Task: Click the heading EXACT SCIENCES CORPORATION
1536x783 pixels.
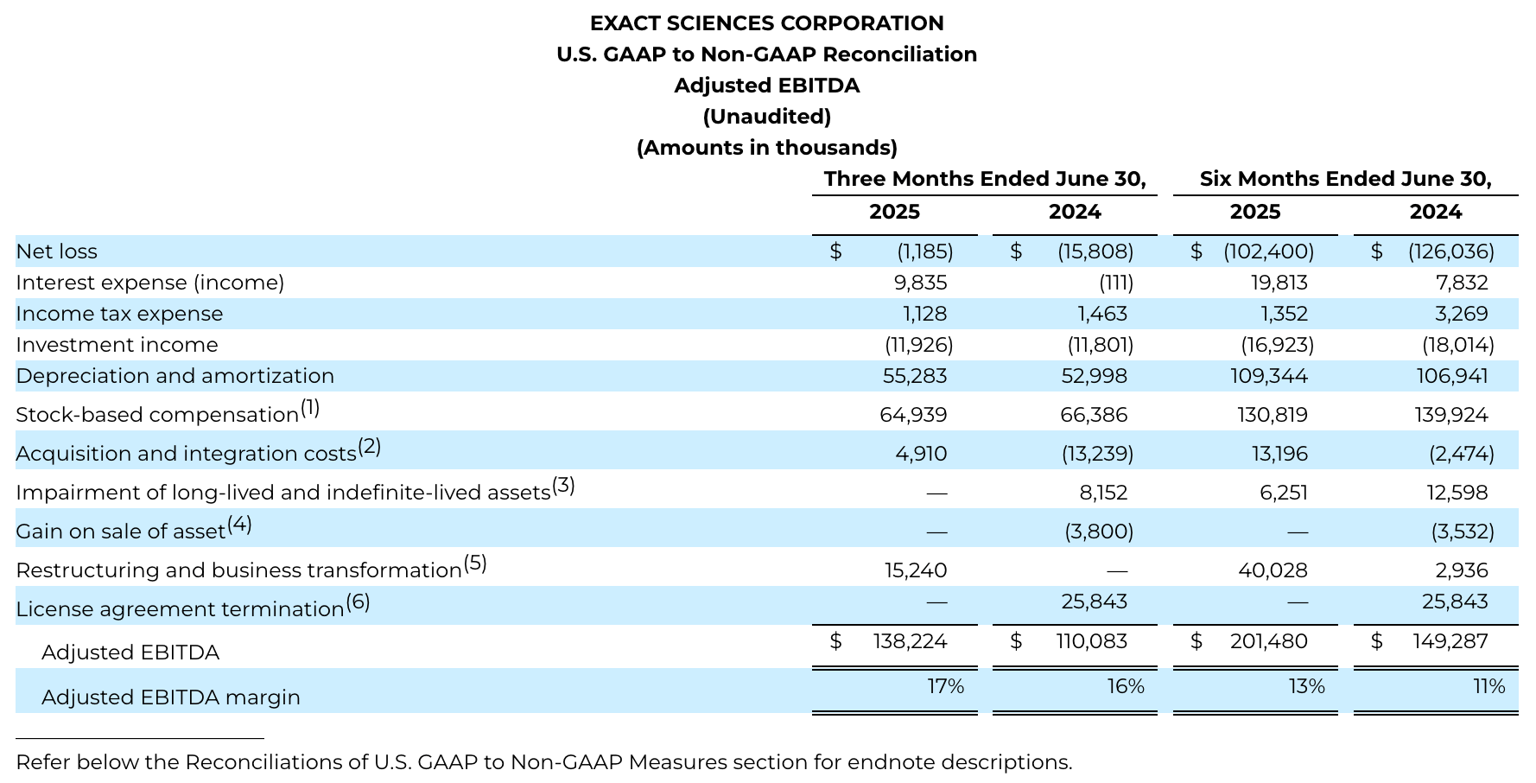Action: pyautogui.click(x=766, y=23)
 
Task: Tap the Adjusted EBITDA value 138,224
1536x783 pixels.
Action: pyautogui.click(x=910, y=641)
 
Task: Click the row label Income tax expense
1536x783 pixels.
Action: pyautogui.click(x=119, y=314)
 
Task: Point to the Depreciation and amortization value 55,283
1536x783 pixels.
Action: pyautogui.click(x=915, y=376)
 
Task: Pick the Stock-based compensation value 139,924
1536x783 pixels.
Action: pyautogui.click(x=1452, y=415)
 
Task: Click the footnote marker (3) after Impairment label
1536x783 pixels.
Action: pyautogui.click(x=563, y=485)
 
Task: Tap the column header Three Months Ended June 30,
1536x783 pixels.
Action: pyautogui.click(x=984, y=179)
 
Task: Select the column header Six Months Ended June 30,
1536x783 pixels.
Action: pyautogui.click(x=1345, y=179)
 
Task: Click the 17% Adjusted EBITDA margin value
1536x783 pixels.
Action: pyautogui.click(x=945, y=686)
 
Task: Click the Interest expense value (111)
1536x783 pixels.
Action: pyautogui.click(x=1115, y=283)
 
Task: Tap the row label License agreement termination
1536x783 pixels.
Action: pyautogui.click(x=180, y=609)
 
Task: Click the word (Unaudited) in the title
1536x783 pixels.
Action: pyautogui.click(x=766, y=117)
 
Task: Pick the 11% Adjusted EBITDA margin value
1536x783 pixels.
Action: pyautogui.click(x=1488, y=686)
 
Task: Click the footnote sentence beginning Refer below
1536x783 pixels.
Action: pyautogui.click(x=543, y=762)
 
